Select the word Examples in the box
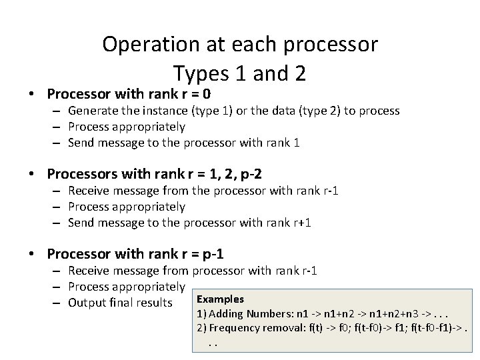[x=220, y=299]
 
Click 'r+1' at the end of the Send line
[x=301, y=223]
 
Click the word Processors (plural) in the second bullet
[x=83, y=174]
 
